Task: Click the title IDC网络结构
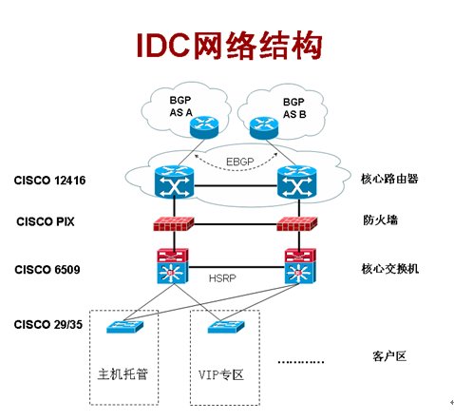pos(227,45)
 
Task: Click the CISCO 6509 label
pos(47,270)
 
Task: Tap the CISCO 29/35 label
pos(49,325)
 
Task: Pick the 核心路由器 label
pos(390,179)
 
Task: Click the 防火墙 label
pos(378,220)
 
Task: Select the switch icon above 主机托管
pos(124,329)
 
